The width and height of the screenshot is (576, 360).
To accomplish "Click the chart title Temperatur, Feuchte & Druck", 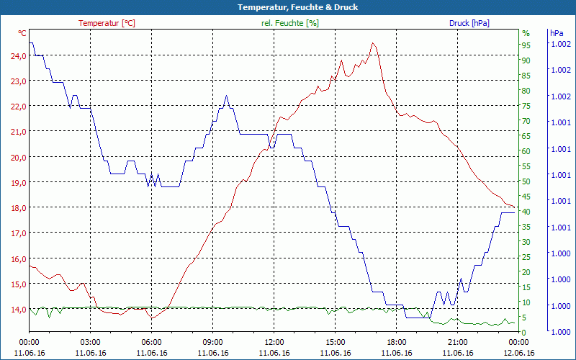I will coord(288,7).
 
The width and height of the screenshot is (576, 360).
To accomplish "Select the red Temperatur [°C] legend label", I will coord(107,23).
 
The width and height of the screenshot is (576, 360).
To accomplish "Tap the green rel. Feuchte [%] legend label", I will coord(290,23).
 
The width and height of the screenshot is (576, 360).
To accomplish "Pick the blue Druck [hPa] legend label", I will coord(469,23).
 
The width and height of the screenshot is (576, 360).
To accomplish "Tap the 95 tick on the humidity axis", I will coord(526,45).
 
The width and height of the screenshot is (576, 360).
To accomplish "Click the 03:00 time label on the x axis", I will coord(91,342).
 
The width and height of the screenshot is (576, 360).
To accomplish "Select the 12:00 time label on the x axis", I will coord(274,342).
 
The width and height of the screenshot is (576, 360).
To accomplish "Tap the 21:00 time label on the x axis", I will coord(458,342).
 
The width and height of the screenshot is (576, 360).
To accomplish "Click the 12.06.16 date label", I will coord(519,353).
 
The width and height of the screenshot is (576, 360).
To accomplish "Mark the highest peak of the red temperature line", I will coord(372,43).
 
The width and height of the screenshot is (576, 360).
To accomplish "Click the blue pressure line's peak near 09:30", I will coord(226,96).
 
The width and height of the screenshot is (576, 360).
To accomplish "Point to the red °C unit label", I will coord(22,33).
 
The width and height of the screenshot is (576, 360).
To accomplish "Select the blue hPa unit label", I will coord(557,33).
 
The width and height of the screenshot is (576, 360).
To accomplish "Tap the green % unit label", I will coord(526,33).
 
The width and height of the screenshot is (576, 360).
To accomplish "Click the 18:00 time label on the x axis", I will coord(397,342).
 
